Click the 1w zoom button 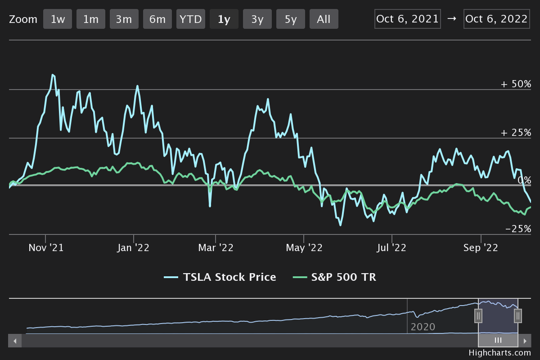pyautogui.click(x=58, y=19)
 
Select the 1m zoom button pyautogui.click(x=91, y=19)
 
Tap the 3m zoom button pyautogui.click(x=124, y=19)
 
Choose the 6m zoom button pyautogui.click(x=157, y=19)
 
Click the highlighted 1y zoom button pyautogui.click(x=224, y=19)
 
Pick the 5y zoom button pyautogui.click(x=291, y=19)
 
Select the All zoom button pyautogui.click(x=324, y=19)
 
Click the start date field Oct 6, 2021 pyautogui.click(x=407, y=19)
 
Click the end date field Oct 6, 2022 pyautogui.click(x=496, y=19)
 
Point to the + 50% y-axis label pyautogui.click(x=516, y=84)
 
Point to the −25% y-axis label pyautogui.click(x=518, y=229)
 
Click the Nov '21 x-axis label pyautogui.click(x=46, y=247)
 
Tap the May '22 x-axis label pyautogui.click(x=305, y=247)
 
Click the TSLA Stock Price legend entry pyautogui.click(x=220, y=277)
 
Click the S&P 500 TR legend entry pyautogui.click(x=335, y=277)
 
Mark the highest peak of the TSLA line pyautogui.click(x=53, y=75)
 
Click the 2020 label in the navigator pyautogui.click(x=423, y=327)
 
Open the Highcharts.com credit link pyautogui.click(x=499, y=353)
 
